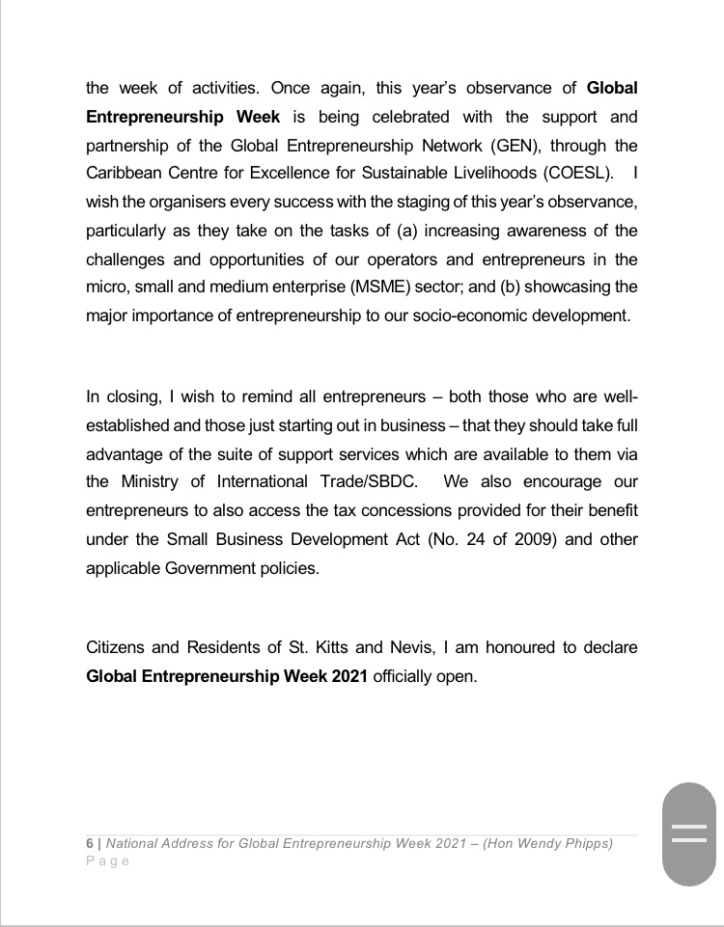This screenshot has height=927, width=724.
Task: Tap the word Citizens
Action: pos(118,646)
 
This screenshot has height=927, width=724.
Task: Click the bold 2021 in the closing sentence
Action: pos(348,675)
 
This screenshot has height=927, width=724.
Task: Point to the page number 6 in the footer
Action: pos(90,843)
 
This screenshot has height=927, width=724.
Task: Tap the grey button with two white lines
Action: pos(689,832)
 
